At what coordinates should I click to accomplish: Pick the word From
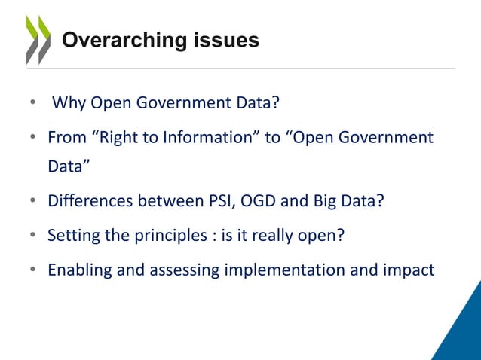click(65, 138)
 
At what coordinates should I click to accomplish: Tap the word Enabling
click(78, 270)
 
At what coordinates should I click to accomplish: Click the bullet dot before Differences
click(34, 202)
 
